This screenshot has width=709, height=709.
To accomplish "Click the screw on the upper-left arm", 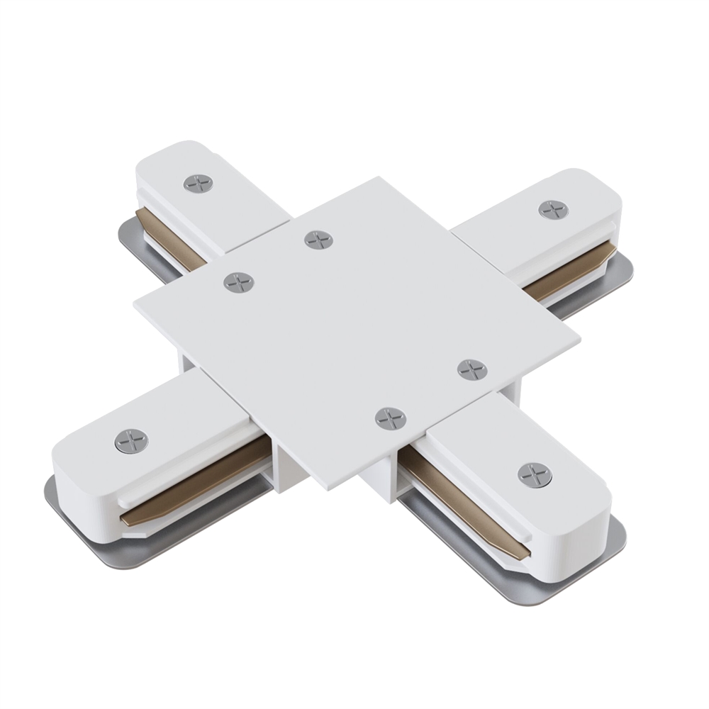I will pos(199,184).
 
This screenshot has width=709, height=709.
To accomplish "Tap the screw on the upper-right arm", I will pos(553,209).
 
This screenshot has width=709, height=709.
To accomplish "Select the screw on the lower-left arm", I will pos(131,441).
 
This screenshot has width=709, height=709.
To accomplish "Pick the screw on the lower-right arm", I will pos(535,474).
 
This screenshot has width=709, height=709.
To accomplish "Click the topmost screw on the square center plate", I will pos(319,240).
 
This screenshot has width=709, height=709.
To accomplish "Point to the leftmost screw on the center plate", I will pos(239,282).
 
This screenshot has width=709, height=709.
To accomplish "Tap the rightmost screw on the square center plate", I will pos(472,369).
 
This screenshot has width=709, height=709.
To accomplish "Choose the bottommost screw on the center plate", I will pos(391,418).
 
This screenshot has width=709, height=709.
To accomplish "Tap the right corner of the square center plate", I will pos(579,339).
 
